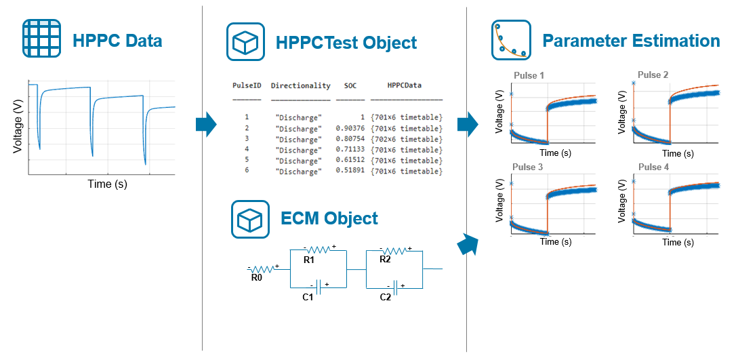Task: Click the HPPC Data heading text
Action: (117, 41)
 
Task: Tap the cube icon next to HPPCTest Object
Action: (245, 43)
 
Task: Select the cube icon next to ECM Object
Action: (251, 218)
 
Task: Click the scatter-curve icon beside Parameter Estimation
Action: (510, 41)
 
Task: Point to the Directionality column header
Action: (300, 86)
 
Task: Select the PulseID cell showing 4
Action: (247, 150)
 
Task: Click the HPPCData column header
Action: (405, 86)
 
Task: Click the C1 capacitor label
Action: (308, 297)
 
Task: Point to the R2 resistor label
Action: (386, 259)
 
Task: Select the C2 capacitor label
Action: (385, 297)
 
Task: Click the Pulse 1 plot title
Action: (529, 75)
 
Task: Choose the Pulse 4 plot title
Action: (653, 167)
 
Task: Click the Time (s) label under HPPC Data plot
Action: (107, 184)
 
